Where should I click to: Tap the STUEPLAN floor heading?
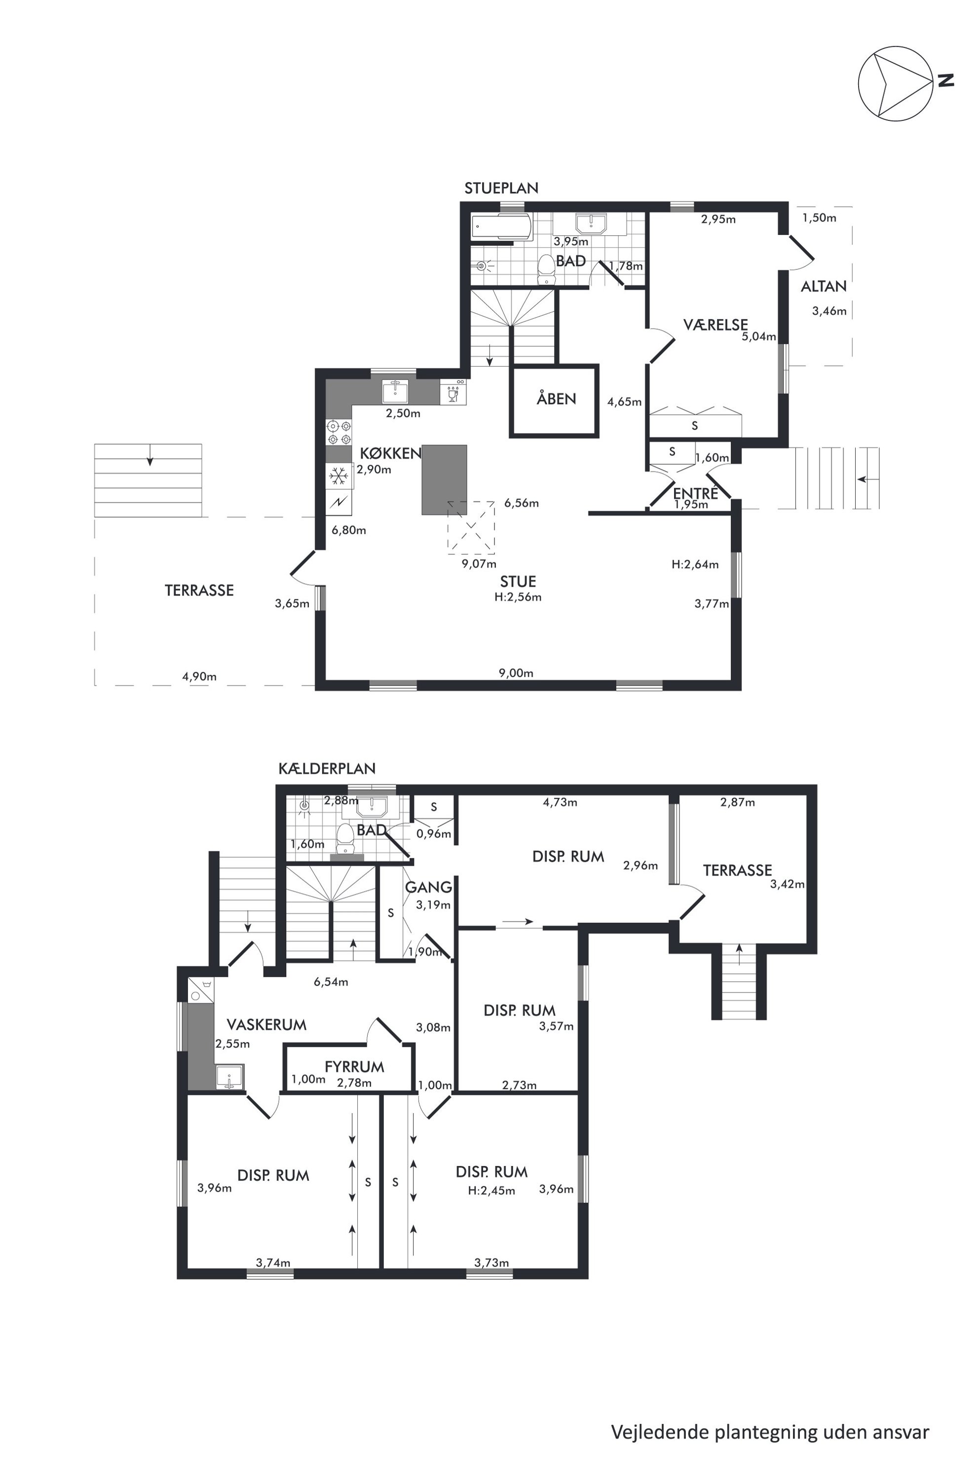pyautogui.click(x=501, y=188)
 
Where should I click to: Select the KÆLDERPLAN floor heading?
pyautogui.click(x=327, y=769)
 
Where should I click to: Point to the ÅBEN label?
pyautogui.click(x=556, y=399)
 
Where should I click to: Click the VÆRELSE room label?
pyautogui.click(x=715, y=325)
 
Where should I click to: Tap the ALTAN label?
pyautogui.click(x=824, y=287)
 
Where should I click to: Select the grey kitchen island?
pyautogui.click(x=445, y=479)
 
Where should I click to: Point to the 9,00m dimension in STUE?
pyautogui.click(x=516, y=673)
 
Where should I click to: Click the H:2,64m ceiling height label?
pyautogui.click(x=695, y=564)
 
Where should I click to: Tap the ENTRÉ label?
pyautogui.click(x=696, y=493)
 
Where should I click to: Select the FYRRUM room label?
pyautogui.click(x=354, y=1066)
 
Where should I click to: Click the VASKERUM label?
pyautogui.click(x=266, y=1024)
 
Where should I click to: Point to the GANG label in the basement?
pyautogui.click(x=428, y=887)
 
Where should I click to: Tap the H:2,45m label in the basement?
pyautogui.click(x=491, y=1190)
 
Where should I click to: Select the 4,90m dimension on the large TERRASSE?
pyautogui.click(x=199, y=676)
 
